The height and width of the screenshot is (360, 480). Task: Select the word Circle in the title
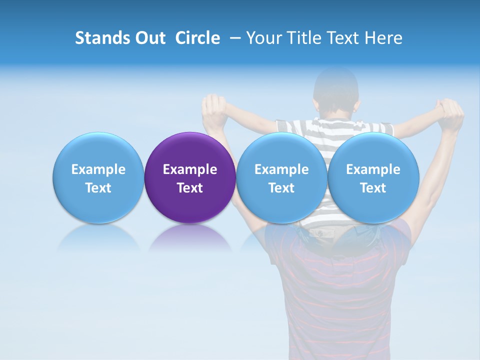click(197, 38)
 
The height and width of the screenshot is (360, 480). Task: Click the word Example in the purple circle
click(190, 169)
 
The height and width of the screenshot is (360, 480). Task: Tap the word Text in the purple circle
click(190, 188)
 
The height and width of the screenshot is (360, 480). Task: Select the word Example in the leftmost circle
click(98, 169)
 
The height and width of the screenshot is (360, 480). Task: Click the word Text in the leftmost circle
click(98, 188)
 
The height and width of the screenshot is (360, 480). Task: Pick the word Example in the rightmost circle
click(373, 169)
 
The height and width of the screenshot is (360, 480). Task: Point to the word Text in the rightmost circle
click(373, 188)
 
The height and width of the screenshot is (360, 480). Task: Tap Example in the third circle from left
click(281, 169)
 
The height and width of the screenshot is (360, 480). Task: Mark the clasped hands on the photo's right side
click(450, 113)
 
